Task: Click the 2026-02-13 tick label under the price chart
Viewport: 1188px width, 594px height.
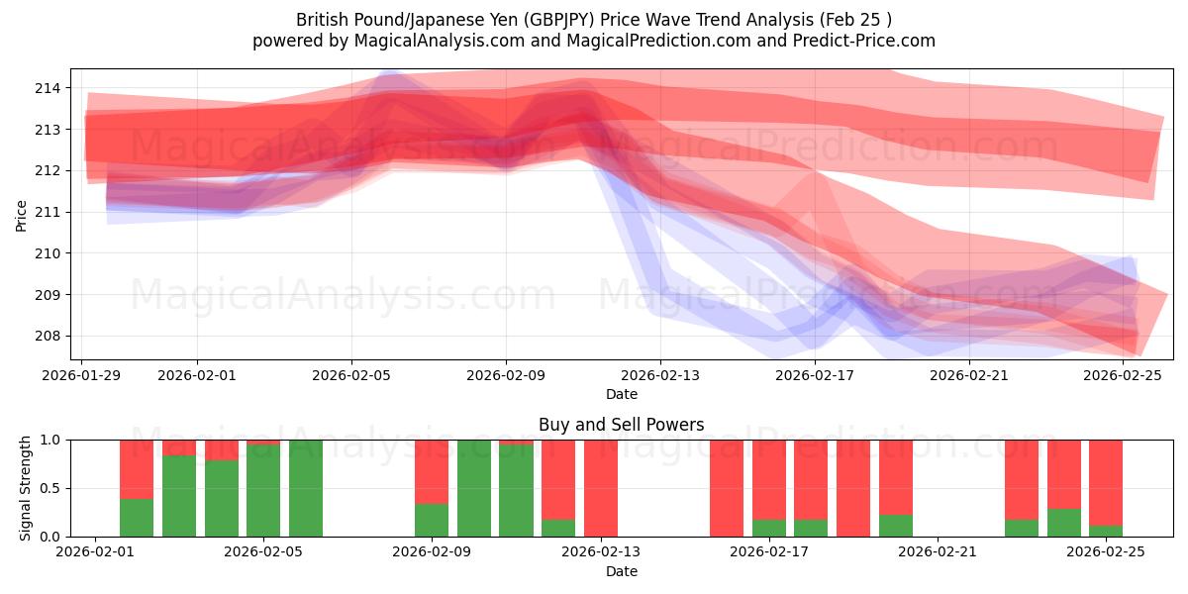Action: pos(660,375)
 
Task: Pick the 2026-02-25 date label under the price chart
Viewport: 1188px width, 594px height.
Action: pos(1124,375)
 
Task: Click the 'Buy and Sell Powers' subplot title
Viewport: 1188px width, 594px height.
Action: pos(621,425)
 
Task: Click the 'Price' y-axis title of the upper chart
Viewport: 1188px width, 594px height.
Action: pos(22,215)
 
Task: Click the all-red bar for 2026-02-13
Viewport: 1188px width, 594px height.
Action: pos(601,488)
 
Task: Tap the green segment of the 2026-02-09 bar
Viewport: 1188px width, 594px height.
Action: pos(432,520)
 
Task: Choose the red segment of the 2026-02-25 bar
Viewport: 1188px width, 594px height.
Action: pos(1106,481)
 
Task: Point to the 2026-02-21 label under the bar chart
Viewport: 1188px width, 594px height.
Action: pos(938,552)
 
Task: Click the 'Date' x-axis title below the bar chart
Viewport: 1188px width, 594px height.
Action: pos(621,571)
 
